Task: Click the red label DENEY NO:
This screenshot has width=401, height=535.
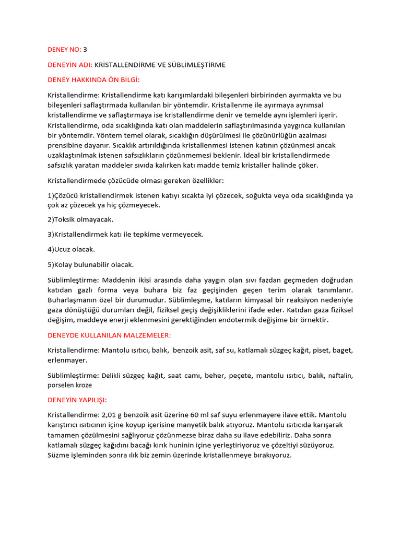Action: coord(64,50)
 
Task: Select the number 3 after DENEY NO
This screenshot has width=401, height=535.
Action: coord(85,50)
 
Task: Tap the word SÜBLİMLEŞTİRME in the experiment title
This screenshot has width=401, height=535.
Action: coord(195,65)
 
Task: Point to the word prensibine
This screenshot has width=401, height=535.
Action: coord(66,145)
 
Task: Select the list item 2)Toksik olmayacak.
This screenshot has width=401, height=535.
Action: coord(80,219)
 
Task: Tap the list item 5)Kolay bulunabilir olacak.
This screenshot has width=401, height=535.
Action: coord(91,265)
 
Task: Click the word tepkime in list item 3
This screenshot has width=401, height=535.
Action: coord(147,235)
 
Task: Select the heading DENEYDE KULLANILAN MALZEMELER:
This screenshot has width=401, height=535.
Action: coord(109,335)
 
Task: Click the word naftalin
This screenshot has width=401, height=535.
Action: coord(340,375)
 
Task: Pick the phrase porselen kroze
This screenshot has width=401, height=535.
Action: coord(69,385)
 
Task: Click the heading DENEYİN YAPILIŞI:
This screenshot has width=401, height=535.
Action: coord(77,400)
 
